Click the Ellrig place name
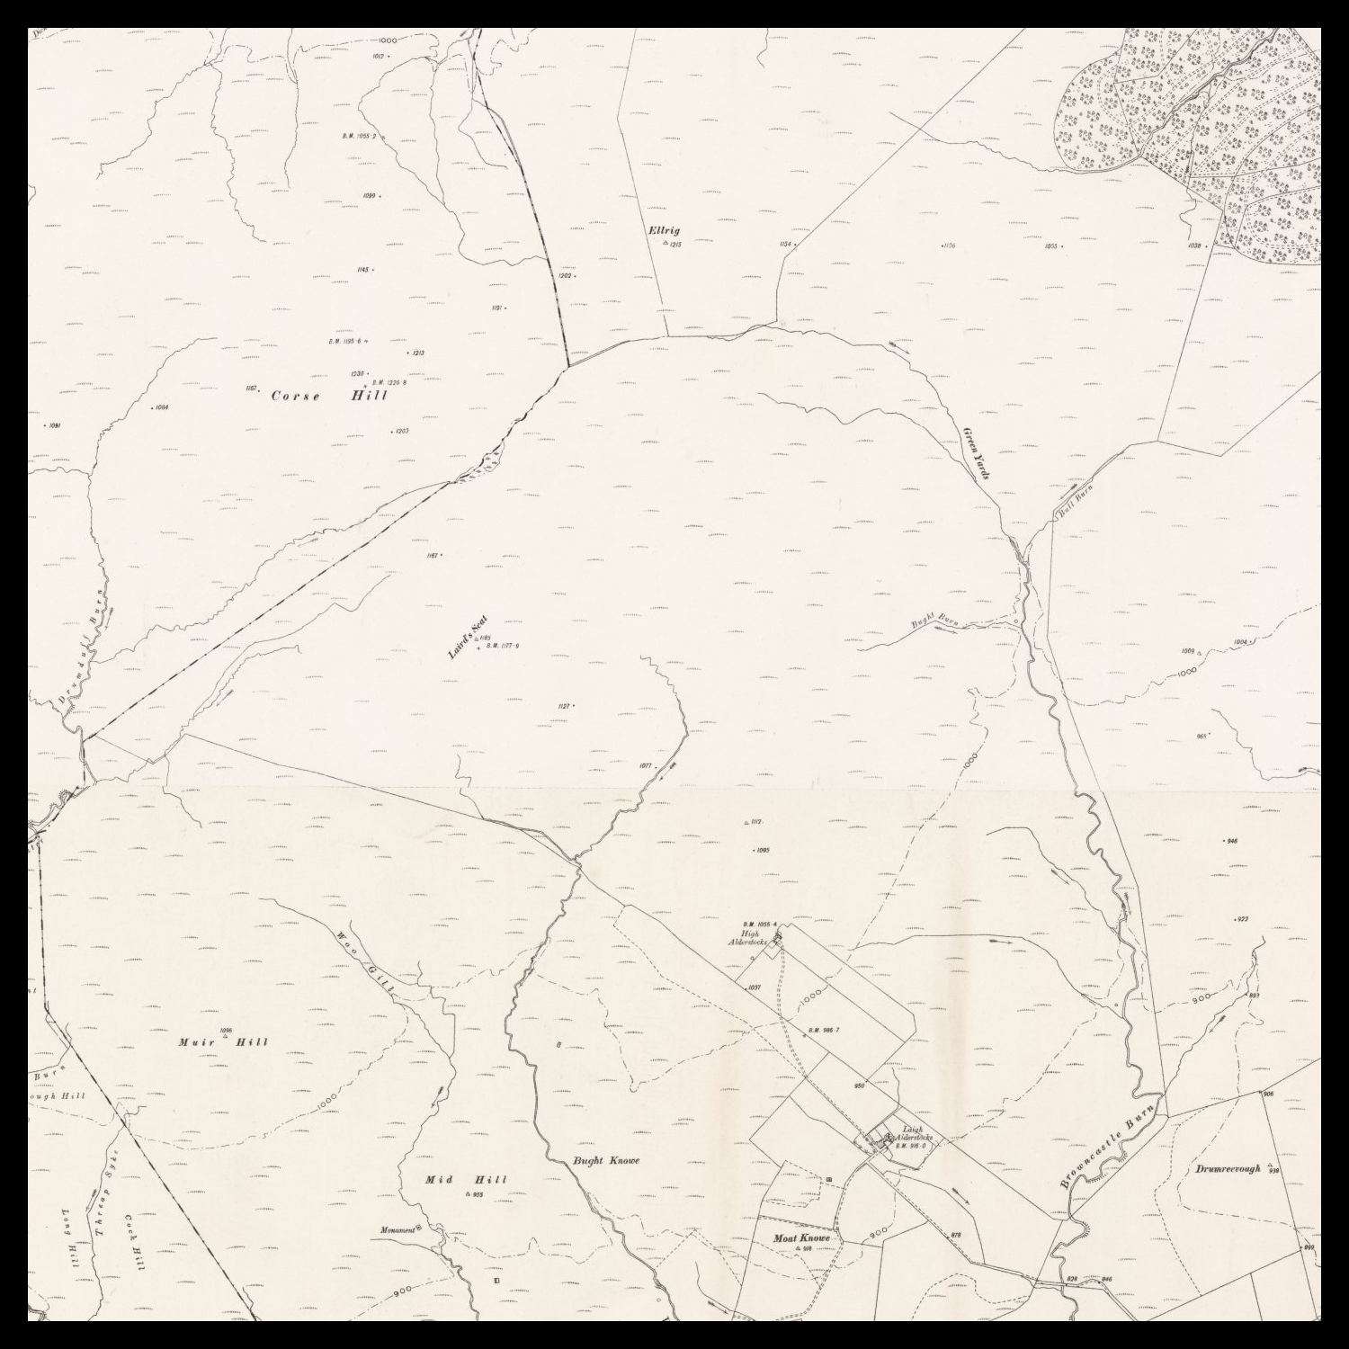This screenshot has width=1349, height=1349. click(664, 231)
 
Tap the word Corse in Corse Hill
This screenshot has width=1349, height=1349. click(295, 397)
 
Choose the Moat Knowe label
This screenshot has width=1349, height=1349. click(801, 1238)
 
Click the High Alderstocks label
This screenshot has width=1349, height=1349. click(747, 936)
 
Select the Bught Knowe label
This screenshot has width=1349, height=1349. click(606, 1160)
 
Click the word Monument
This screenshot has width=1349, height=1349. click(397, 1230)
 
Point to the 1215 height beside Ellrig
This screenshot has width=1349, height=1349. click(674, 245)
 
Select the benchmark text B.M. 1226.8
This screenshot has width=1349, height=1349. click(389, 383)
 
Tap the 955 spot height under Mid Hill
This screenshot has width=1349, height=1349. click(477, 1195)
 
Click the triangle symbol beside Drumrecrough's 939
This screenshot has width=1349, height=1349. click(1269, 1166)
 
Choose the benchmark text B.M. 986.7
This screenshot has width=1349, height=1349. click(823, 1030)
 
